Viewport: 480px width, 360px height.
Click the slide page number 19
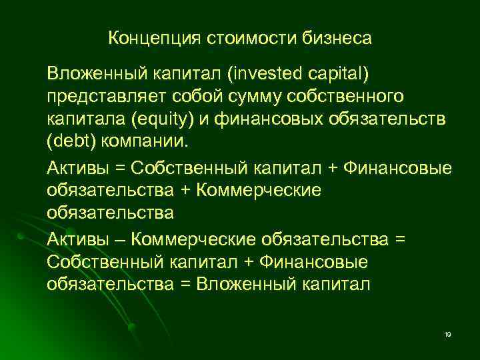(x=447, y=333)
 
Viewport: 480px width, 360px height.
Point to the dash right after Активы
(x=122, y=239)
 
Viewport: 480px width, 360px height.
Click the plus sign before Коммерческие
(x=185, y=190)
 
